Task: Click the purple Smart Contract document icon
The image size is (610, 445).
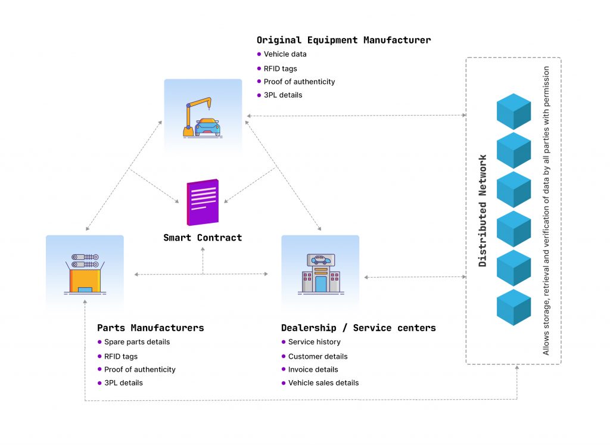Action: [203, 203]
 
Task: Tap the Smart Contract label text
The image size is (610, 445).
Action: [203, 238]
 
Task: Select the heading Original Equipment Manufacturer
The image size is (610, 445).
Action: [344, 41]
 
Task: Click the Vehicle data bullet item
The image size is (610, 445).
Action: [285, 54]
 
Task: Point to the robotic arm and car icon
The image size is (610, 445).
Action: [203, 117]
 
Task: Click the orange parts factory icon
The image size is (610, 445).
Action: [85, 273]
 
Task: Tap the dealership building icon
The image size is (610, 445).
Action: [320, 273]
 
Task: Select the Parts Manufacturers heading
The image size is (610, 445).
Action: [150, 328]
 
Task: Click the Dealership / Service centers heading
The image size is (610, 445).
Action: [358, 328]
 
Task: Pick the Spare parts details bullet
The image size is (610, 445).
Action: [136, 343]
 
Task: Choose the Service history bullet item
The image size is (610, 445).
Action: [314, 343]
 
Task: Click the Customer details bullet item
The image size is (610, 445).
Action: [318, 357]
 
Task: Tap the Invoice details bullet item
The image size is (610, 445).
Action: [313, 370]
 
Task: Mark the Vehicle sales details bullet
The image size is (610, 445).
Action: [323, 383]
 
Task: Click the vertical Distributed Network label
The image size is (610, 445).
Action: [483, 211]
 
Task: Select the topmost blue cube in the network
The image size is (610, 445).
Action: [513, 111]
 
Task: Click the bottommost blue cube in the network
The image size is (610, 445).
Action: [513, 307]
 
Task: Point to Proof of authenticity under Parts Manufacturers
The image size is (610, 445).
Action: [139, 370]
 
